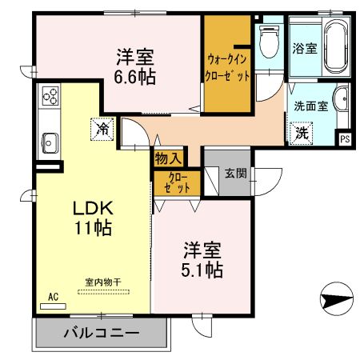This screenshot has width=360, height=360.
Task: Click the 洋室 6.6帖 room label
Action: tap(134, 67)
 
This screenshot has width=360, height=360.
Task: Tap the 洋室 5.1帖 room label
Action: tap(199, 258)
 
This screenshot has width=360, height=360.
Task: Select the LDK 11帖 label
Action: tap(93, 217)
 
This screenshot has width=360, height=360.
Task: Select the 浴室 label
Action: tap(306, 48)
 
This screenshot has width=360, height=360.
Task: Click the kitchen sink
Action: tap(49, 144)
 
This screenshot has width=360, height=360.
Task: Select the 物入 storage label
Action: tap(168, 158)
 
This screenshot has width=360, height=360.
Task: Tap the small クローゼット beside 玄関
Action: tap(177, 182)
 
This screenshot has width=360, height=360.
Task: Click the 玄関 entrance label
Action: tap(234, 173)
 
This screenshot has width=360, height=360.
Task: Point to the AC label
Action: tap(54, 297)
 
